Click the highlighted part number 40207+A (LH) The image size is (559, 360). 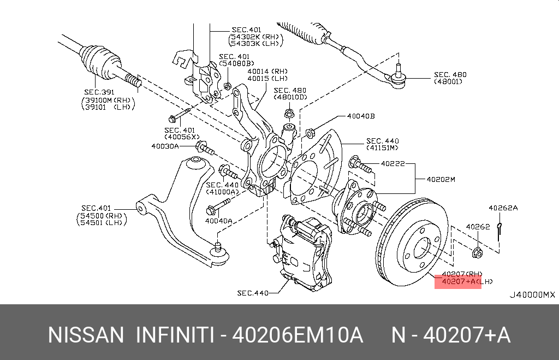[457, 282]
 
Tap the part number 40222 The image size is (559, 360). [393, 163]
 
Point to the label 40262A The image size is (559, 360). [503, 208]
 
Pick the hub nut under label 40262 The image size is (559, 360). [476, 252]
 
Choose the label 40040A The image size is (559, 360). [218, 221]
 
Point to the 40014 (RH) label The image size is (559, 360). [267, 71]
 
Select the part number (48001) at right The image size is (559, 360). [448, 82]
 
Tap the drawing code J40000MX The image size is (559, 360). [532, 295]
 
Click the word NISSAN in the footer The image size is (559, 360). [86, 335]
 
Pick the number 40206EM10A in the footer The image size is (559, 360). [298, 335]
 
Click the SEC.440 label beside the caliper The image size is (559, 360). [253, 293]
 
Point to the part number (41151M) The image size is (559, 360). [382, 148]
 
